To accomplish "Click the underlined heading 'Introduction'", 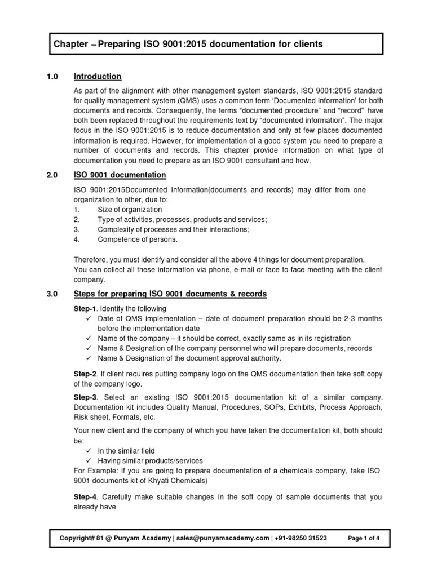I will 98,76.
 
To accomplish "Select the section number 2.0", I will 52,175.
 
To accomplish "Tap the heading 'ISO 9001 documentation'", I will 120,175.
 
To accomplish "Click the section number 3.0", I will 52,294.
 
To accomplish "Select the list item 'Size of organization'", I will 130,210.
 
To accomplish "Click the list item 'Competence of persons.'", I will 137,239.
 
